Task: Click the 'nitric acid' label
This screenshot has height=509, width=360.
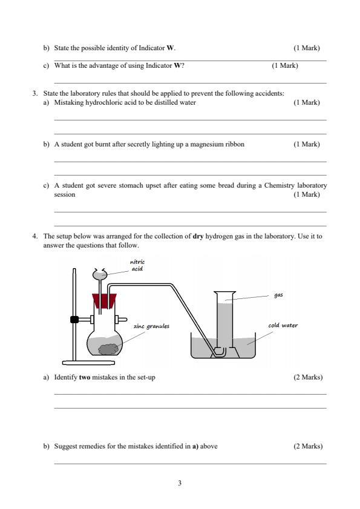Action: pyautogui.click(x=137, y=265)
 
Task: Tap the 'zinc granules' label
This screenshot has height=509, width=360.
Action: pyautogui.click(x=151, y=326)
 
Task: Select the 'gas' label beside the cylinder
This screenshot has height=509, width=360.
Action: pyautogui.click(x=278, y=295)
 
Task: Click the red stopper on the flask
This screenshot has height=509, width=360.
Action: pyautogui.click(x=104, y=301)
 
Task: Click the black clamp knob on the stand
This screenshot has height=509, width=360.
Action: pyautogui.click(x=74, y=318)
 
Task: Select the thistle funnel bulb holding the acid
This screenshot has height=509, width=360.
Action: pyautogui.click(x=101, y=274)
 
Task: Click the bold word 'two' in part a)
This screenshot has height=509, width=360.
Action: pyautogui.click(x=85, y=377)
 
